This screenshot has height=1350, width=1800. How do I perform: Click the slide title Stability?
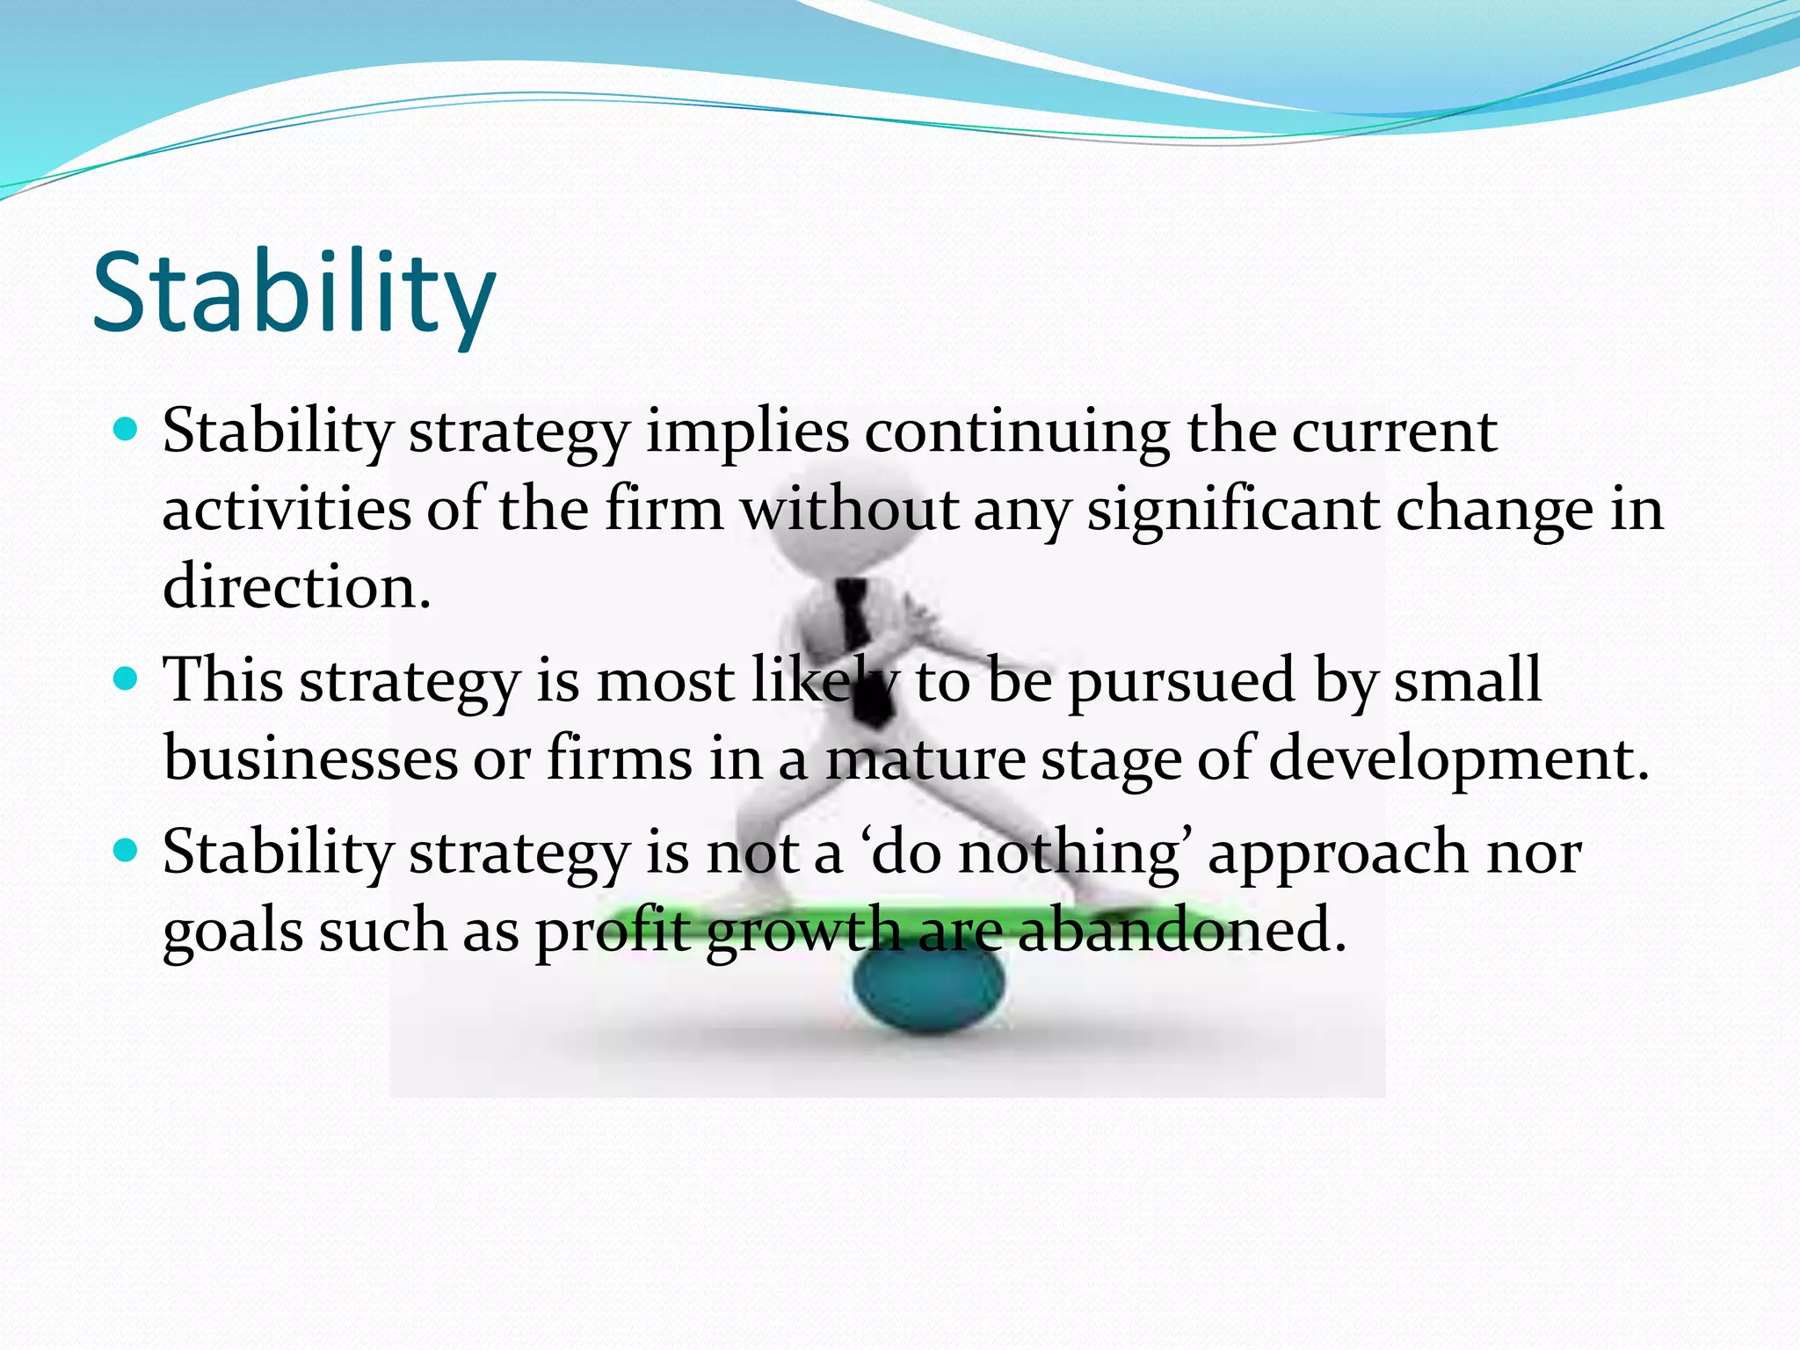(x=294, y=294)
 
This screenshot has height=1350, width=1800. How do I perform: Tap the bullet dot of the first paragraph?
(x=127, y=430)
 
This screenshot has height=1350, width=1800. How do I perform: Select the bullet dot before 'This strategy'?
(x=127, y=679)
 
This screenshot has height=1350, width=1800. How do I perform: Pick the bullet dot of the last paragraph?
(x=127, y=850)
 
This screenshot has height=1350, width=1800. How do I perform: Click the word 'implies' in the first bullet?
(x=747, y=432)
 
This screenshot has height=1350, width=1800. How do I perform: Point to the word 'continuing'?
(x=1017, y=432)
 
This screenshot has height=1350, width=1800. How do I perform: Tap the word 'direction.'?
(x=297, y=586)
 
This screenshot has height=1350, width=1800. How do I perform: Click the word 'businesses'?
(x=310, y=758)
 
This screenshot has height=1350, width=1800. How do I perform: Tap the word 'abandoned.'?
(x=1181, y=930)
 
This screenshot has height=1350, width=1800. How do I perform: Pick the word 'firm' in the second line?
(x=664, y=510)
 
